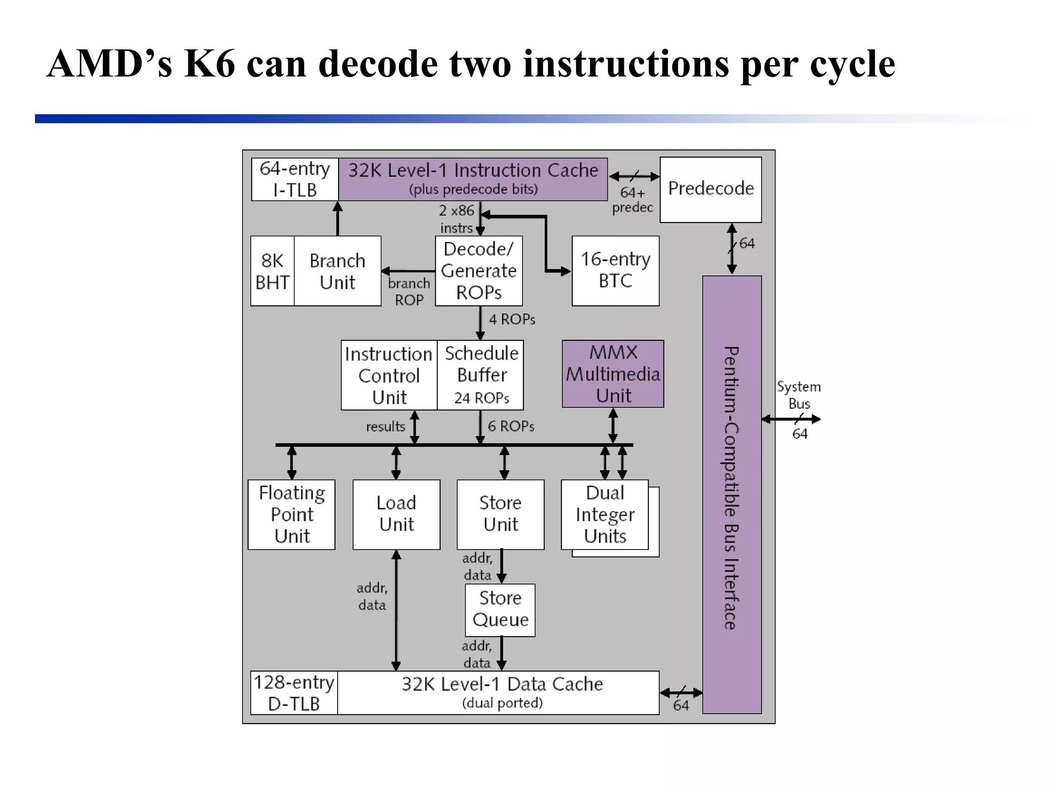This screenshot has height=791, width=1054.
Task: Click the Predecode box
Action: click(x=710, y=189)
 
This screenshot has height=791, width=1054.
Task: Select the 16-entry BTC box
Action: click(x=615, y=270)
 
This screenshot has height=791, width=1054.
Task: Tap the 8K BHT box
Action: click(x=272, y=271)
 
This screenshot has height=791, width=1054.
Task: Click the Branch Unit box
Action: click(x=337, y=271)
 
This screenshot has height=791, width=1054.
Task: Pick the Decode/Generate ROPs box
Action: click(x=479, y=270)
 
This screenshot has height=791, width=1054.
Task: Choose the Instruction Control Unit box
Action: click(x=389, y=375)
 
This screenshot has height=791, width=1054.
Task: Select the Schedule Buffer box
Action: click(x=481, y=375)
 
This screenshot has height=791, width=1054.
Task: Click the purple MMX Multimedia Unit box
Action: click(x=612, y=374)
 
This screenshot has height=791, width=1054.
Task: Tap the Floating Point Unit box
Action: click(x=291, y=514)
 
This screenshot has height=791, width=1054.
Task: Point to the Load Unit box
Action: click(x=396, y=514)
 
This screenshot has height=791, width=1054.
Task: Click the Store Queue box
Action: click(x=500, y=610)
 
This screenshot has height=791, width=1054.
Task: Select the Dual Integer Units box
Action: click(x=605, y=514)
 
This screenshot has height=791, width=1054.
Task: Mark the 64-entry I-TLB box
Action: click(x=294, y=179)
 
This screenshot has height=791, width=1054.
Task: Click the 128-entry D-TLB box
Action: click(x=294, y=693)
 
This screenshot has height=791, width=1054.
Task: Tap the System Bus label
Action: click(x=799, y=395)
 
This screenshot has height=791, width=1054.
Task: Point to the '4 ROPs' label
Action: click(x=512, y=319)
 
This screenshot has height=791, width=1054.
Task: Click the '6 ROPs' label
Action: click(x=511, y=426)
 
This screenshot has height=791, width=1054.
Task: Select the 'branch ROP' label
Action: click(x=409, y=291)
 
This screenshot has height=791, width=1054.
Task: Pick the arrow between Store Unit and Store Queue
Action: click(x=501, y=566)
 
